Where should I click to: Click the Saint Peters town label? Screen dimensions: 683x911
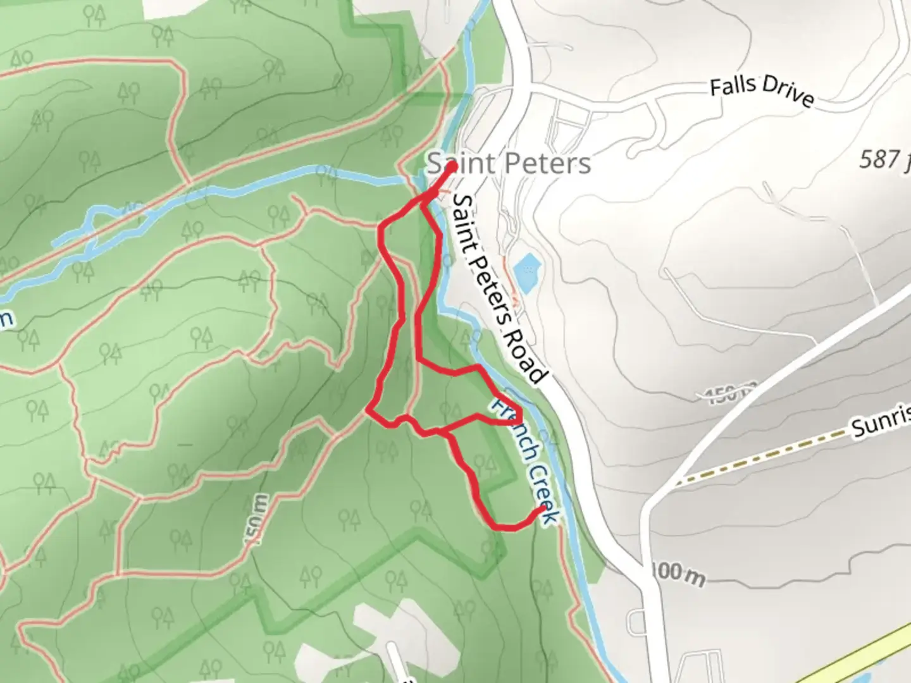509,163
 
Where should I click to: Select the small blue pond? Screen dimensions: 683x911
526,271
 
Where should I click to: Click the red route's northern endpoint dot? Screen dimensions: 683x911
453,167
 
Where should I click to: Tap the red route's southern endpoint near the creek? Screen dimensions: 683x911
543,508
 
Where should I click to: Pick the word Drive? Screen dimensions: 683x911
788,96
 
